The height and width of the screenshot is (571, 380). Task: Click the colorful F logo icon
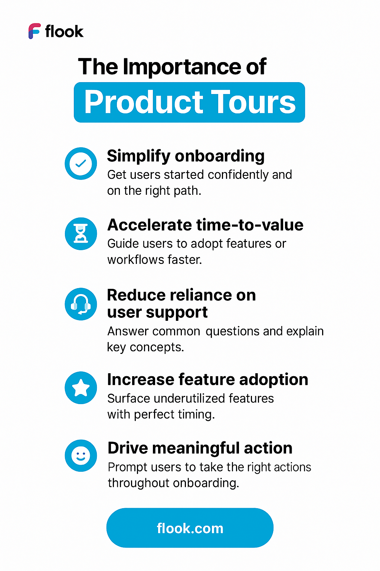35,31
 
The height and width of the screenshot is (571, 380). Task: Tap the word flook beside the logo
64,32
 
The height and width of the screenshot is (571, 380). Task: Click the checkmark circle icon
81,164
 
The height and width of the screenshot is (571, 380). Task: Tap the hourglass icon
81,234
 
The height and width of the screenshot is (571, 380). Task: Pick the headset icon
81,304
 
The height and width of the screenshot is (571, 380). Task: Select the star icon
81,388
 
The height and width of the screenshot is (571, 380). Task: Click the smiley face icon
81,456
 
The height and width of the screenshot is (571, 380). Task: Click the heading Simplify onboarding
186,156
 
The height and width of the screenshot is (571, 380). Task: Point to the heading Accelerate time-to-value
205,225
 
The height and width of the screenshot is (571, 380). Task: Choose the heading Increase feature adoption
207,380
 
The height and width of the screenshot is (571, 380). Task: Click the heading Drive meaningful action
200,448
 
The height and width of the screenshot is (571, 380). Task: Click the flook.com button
190,528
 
